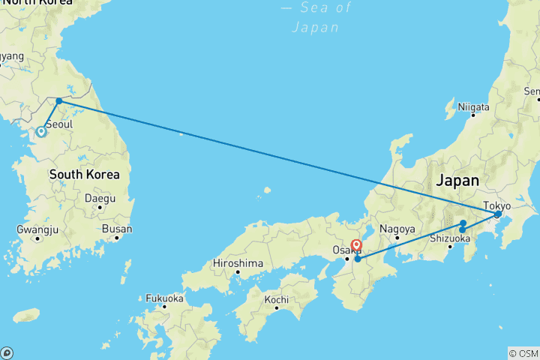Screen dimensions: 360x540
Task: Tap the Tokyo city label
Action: click(496, 205)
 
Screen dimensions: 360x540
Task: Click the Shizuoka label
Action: click(450, 238)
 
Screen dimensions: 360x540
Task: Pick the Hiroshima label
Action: click(238, 263)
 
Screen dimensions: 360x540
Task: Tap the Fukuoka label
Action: click(165, 298)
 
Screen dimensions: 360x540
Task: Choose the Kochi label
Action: click(276, 300)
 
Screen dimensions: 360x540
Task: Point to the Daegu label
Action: click(100, 199)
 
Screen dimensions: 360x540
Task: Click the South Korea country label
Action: click(84, 175)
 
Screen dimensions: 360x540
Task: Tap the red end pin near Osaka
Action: click(356, 245)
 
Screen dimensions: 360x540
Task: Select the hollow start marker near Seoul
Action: click(41, 132)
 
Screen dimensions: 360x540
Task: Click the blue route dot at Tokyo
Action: click(497, 214)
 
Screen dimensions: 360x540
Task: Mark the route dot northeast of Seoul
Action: click(59, 100)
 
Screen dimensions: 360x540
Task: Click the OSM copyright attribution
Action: click(523, 352)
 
